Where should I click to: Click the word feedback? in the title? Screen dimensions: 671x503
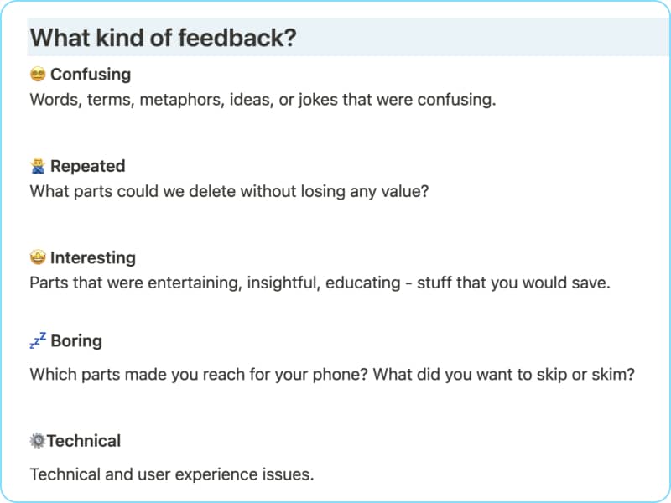pyautogui.click(x=237, y=38)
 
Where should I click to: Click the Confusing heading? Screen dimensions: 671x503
pyautogui.click(x=91, y=75)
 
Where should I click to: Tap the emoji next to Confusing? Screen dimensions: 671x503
pyautogui.click(x=38, y=74)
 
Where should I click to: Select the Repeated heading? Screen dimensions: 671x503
pyautogui.click(x=88, y=166)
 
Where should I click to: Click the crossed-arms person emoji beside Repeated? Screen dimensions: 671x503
pyautogui.click(x=38, y=166)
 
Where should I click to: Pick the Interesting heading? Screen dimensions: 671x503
pyautogui.click(x=93, y=257)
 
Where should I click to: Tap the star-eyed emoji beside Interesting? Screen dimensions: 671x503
pyautogui.click(x=38, y=257)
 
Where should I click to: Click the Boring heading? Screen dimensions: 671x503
pyautogui.click(x=76, y=341)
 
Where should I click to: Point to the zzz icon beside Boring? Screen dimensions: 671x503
pyautogui.click(x=38, y=340)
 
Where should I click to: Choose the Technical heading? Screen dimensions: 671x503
pyautogui.click(x=84, y=441)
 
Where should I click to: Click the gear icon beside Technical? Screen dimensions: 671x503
pyautogui.click(x=38, y=441)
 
